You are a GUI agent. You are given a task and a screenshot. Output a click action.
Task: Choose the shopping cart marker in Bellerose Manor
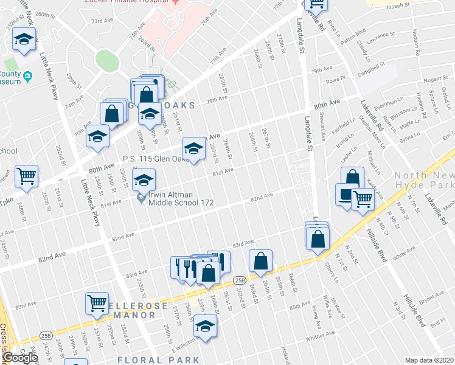pyautogui.click(x=97, y=303)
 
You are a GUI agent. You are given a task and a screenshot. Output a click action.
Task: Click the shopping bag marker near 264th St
pyautogui.click(x=260, y=261)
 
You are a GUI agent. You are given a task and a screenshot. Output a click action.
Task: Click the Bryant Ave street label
pyautogui.click(x=431, y=297)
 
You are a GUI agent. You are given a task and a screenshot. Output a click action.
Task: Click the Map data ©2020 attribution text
pyautogui.click(x=429, y=360)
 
